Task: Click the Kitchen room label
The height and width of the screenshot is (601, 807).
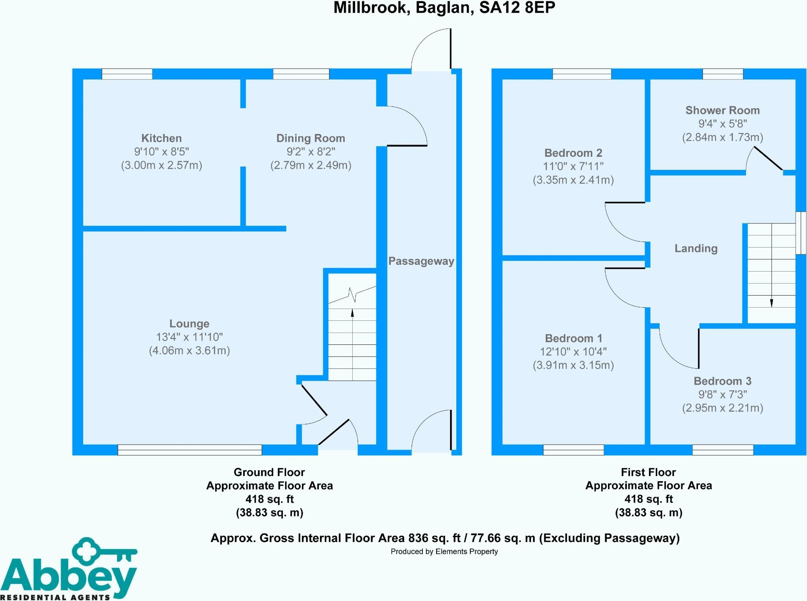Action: (162, 138)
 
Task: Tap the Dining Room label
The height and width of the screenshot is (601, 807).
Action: (311, 138)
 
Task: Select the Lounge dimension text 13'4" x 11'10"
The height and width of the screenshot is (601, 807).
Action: (190, 337)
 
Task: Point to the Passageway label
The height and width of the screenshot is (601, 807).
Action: (421, 261)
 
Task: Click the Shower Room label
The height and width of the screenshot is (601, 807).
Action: (723, 110)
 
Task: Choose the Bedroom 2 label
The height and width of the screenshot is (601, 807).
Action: (573, 153)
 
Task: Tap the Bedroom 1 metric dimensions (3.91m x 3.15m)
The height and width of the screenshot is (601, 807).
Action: (573, 365)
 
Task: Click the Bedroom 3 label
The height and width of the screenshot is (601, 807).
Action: (723, 381)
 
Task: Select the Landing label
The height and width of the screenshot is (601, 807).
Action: (696, 248)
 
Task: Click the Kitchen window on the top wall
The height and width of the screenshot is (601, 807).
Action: (127, 74)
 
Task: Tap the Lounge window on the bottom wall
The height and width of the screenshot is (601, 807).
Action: (190, 450)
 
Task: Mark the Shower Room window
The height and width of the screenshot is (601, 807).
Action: (723, 74)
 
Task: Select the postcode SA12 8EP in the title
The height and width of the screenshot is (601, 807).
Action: (517, 8)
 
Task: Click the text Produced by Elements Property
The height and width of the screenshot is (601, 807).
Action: (444, 552)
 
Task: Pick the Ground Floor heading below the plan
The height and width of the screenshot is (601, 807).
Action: (270, 472)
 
